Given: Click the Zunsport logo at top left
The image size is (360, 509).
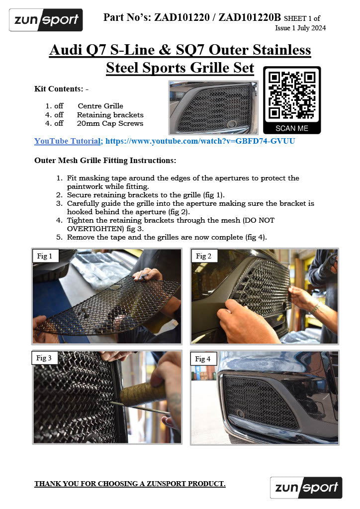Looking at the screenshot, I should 46,20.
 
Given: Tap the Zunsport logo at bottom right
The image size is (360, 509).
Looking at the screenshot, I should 306,488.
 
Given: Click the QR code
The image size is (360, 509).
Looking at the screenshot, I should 291,95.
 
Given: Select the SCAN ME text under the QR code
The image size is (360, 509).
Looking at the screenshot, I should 291,128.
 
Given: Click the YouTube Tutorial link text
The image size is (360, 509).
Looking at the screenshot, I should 68,141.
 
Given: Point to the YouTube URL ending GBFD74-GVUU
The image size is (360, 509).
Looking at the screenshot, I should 200,141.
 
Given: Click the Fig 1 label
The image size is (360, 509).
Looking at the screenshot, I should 45,256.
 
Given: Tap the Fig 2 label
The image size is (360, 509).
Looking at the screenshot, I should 204,256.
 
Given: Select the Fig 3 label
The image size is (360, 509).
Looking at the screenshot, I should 44,358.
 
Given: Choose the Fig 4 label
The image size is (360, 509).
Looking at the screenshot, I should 203,358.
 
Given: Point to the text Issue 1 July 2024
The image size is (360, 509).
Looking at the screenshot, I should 300,28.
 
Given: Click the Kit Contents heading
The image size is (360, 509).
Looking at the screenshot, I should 61,89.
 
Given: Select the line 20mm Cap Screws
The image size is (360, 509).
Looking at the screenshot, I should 110,123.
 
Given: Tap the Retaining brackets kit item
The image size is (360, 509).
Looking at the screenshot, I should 110,115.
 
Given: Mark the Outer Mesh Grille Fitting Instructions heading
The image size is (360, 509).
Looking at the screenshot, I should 105,161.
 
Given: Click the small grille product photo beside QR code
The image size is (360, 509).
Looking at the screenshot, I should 213,108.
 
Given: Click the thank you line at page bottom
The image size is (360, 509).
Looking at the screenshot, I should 130,484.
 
